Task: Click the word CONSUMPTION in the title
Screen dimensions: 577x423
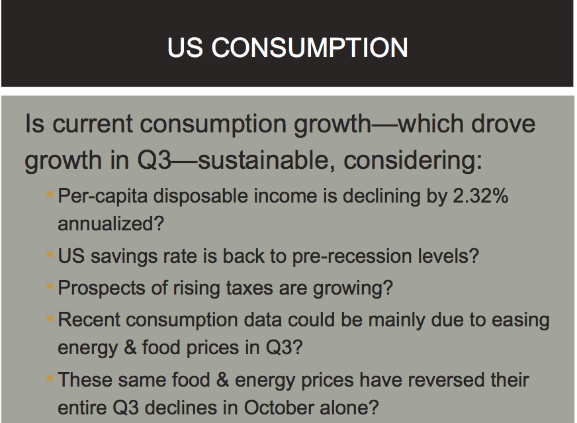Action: coord(310,48)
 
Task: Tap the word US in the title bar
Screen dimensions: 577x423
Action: coord(185,48)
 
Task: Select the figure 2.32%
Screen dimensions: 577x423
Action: coord(480,195)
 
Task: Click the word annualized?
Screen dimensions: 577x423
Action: coord(111,224)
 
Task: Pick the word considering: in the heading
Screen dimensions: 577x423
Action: coord(412,160)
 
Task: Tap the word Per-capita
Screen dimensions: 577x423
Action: coord(103,196)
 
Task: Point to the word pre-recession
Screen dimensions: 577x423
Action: coord(352,256)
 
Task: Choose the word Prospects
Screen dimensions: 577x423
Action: coord(101,288)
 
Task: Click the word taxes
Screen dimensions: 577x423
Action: coord(249,288)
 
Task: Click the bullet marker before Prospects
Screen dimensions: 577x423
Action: coord(50,286)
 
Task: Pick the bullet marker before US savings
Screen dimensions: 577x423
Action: coord(50,254)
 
